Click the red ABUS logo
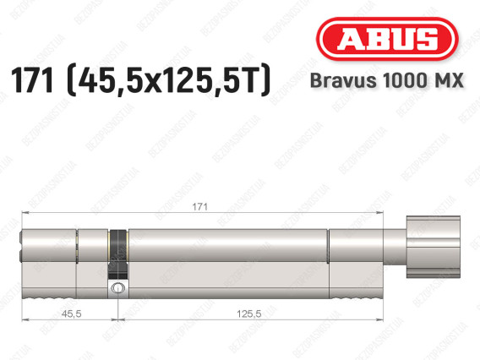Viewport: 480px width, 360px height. coord(387,39)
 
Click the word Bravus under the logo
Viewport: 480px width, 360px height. coord(343,80)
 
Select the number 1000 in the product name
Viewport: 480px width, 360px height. coord(405,80)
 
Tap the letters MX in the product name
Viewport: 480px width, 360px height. coord(449,80)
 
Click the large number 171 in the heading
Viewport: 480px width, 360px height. coord(32,80)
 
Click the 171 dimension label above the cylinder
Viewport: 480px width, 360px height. coord(200,207)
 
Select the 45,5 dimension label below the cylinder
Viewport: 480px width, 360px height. coord(71,314)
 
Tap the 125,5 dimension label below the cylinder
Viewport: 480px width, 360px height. coord(249,314)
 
